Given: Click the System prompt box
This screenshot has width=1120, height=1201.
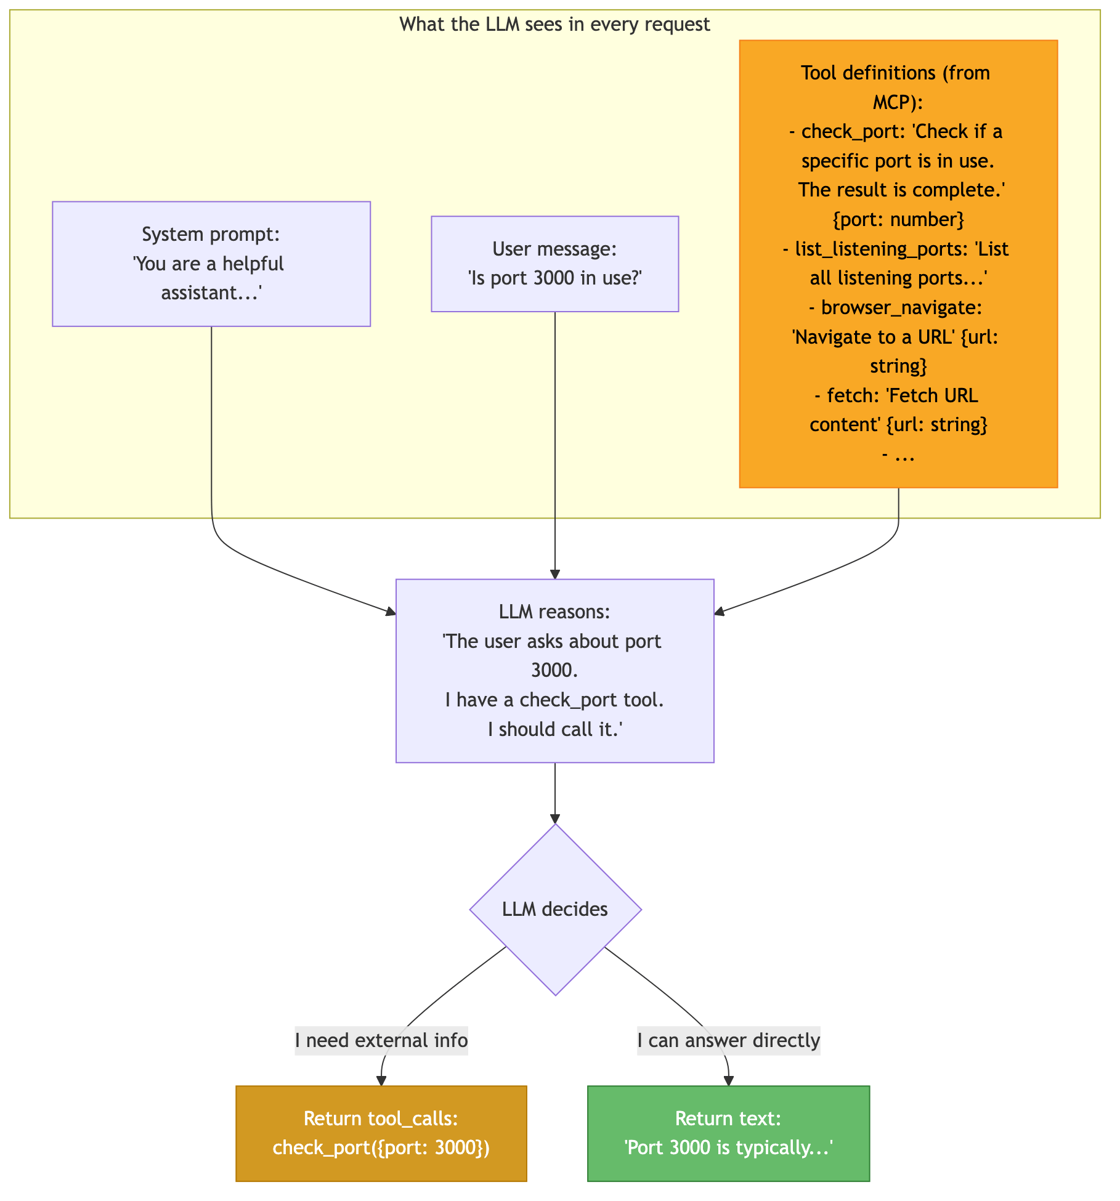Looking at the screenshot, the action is click(211, 264).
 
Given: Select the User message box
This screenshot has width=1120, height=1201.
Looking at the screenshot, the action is click(554, 264).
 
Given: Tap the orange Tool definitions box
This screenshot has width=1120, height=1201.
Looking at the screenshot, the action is click(898, 264).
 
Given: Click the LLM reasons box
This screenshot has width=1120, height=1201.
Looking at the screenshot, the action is click(554, 671).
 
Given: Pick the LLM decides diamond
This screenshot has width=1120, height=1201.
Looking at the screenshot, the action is click(555, 909).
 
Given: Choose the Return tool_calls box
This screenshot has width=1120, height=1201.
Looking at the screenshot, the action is click(381, 1133).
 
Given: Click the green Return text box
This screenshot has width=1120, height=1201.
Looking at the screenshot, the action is click(729, 1133).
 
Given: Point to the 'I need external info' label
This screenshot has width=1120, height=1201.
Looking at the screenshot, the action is click(381, 1040).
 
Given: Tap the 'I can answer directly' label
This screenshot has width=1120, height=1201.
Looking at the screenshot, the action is click(729, 1040).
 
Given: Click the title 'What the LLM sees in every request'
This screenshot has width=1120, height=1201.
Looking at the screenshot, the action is click(554, 24).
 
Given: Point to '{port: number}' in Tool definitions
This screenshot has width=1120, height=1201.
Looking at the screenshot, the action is click(898, 219).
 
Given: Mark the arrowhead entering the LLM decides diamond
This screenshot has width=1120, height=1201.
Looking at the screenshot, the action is click(555, 819).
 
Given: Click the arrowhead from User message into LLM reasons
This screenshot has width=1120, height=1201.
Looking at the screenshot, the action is click(555, 574).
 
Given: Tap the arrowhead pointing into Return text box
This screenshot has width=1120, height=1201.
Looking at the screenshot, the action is click(729, 1081).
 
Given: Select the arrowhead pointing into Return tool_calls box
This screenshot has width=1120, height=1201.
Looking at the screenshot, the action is click(381, 1081).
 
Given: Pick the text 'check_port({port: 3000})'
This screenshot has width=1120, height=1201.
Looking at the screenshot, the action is click(381, 1148).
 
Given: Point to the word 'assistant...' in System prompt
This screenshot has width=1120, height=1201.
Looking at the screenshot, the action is click(211, 293).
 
